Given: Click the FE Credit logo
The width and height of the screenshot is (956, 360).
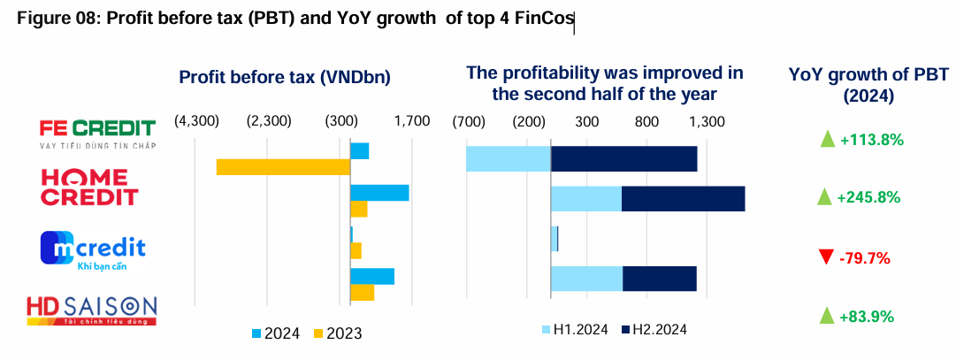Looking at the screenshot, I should [x=97, y=134].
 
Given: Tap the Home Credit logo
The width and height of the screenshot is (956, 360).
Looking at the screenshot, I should [x=89, y=188].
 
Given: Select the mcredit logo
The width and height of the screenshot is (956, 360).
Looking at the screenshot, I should [x=92, y=248].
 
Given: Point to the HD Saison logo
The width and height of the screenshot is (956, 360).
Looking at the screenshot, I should [x=92, y=309].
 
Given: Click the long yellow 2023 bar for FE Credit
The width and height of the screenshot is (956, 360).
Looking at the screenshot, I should [x=283, y=166].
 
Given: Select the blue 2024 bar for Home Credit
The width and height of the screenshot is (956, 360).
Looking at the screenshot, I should [x=379, y=193].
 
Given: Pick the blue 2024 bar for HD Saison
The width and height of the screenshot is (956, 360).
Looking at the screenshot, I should [x=372, y=276].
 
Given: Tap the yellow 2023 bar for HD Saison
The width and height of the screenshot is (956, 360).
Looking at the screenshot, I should [x=363, y=292].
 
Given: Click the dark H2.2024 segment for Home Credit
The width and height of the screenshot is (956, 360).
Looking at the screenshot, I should [x=683, y=199].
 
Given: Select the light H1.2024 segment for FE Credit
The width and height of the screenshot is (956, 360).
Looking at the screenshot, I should [x=509, y=158].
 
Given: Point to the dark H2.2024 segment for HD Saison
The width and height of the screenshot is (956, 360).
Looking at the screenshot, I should [x=660, y=278].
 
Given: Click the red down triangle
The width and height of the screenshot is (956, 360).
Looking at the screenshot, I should [x=826, y=257].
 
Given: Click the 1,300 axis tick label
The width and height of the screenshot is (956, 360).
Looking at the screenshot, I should [x=707, y=121].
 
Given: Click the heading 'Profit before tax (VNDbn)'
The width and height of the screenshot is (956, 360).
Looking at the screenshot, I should [x=285, y=78].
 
